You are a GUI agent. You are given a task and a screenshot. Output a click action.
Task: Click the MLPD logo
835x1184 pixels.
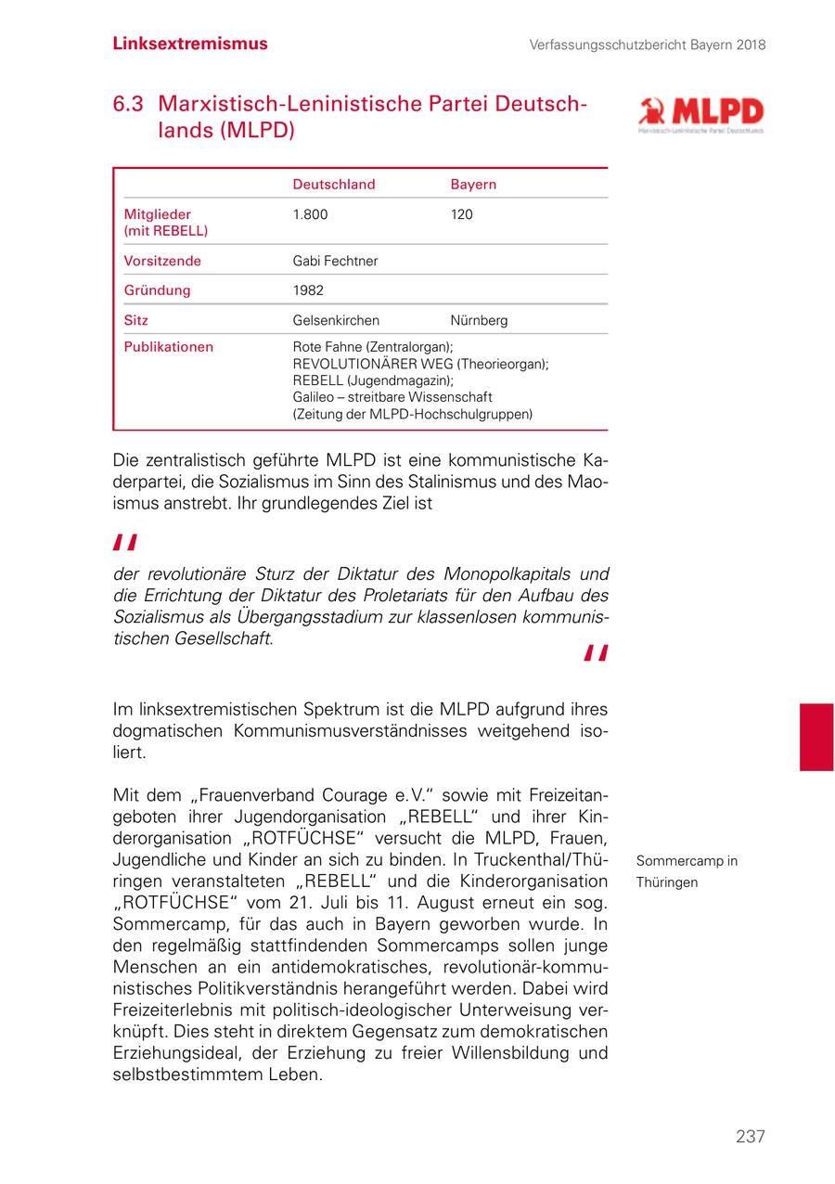tap(700, 115)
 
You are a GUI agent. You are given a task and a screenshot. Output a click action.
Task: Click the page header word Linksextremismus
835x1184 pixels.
tap(190, 44)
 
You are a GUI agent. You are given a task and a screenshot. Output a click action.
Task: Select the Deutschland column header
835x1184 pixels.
tap(334, 185)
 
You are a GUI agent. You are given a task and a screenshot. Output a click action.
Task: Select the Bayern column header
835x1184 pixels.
tap(473, 185)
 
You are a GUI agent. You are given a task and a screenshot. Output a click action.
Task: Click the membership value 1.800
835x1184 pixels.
tap(310, 214)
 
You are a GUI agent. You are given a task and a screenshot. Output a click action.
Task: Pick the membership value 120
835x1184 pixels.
tap(461, 214)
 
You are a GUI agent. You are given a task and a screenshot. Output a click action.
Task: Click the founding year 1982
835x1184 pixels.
tap(308, 290)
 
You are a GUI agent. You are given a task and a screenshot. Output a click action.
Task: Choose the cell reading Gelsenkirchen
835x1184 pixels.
tap(336, 320)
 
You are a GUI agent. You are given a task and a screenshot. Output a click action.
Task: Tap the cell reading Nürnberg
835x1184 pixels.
tap(479, 320)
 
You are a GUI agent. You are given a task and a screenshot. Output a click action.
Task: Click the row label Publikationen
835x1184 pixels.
tap(169, 347)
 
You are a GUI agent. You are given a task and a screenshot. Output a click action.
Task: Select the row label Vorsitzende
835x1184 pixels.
tap(162, 261)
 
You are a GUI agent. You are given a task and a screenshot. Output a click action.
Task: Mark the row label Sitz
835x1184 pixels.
tap(136, 320)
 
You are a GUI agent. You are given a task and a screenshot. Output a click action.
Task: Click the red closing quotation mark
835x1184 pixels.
tap(596, 654)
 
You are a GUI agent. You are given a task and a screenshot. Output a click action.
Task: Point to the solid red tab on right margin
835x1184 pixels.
tap(816, 737)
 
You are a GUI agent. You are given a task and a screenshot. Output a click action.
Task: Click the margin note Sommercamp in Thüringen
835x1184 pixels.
tap(687, 871)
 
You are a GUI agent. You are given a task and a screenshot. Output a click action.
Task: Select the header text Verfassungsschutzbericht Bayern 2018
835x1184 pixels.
tap(648, 45)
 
